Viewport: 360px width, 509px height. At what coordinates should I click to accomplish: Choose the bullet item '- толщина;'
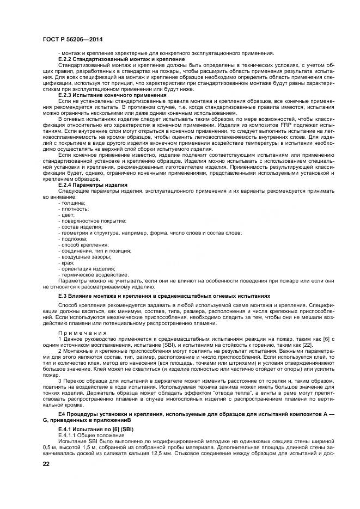(71, 202)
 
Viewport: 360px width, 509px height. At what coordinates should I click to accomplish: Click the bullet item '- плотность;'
(73, 208)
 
